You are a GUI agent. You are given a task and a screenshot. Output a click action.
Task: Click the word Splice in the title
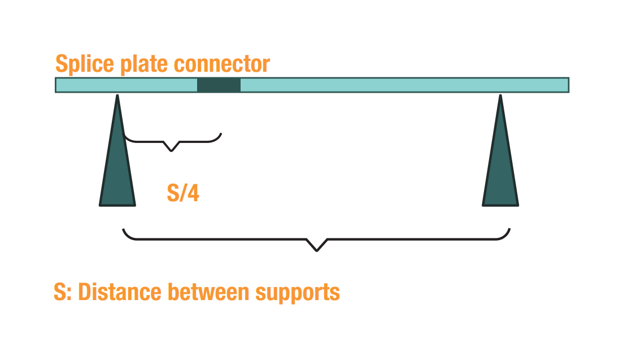click(x=85, y=64)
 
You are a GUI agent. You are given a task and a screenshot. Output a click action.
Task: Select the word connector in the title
click(x=222, y=64)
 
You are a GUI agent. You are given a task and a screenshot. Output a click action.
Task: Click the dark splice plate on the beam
click(x=219, y=85)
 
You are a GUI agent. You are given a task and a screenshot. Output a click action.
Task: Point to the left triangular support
click(x=117, y=164)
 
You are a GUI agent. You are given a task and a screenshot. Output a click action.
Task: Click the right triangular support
click(x=500, y=164)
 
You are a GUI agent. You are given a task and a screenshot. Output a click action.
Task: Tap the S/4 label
click(x=183, y=193)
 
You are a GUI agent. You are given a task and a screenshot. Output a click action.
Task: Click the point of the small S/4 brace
click(x=171, y=151)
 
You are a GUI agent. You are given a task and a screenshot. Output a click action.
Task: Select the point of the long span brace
click(x=316, y=251)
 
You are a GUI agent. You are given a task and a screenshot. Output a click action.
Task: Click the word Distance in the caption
click(x=120, y=292)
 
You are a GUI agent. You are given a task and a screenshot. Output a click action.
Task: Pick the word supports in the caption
click(x=298, y=293)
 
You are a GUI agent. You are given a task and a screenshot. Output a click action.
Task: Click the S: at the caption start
click(x=63, y=292)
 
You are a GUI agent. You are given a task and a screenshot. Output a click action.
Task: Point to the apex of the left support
click(x=117, y=96)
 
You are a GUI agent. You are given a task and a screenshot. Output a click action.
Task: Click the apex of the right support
click(x=500, y=96)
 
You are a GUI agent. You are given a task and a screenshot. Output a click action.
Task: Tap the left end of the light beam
click(x=56, y=85)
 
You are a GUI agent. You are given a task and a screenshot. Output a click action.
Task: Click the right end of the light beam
click(x=569, y=85)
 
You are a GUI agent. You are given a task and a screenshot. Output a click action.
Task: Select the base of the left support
click(x=117, y=205)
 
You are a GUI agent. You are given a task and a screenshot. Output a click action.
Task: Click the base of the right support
click(x=500, y=205)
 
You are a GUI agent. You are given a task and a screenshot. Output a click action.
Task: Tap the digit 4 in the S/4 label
click(x=193, y=193)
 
